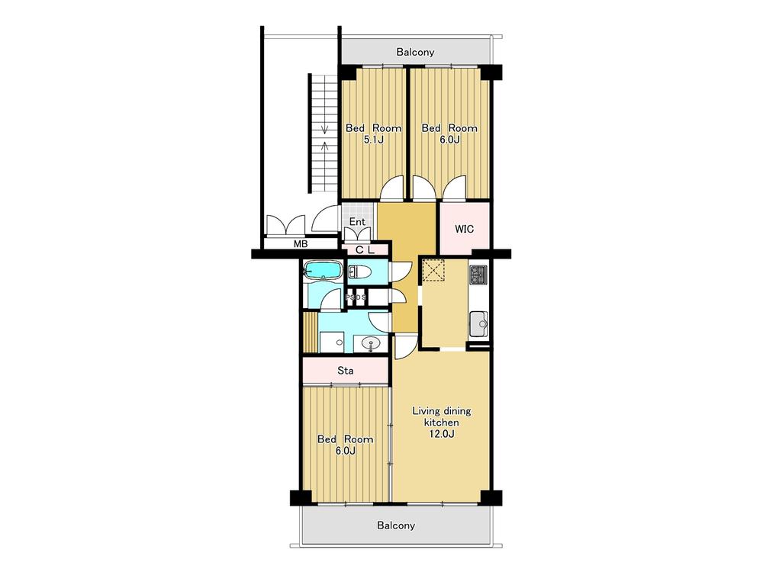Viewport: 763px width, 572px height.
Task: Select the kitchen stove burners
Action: point(478,275)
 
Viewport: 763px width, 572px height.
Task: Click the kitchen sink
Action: point(478,323)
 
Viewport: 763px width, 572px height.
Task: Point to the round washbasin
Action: point(372,344)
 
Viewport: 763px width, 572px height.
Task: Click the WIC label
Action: point(464,229)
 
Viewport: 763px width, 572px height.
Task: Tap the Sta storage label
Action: point(346,371)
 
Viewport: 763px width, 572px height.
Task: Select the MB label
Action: point(301,244)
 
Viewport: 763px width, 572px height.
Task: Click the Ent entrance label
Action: point(358,222)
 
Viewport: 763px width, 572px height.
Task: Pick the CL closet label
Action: point(365,250)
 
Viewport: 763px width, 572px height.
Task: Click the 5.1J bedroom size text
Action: point(374,140)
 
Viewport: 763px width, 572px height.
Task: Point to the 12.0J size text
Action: point(442,435)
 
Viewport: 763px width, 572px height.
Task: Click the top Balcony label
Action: point(415,52)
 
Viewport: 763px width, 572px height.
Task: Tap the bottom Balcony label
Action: point(396,525)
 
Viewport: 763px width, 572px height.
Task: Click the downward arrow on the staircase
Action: point(324,127)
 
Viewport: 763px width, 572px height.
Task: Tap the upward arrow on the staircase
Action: point(324,146)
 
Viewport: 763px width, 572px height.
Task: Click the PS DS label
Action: point(356,297)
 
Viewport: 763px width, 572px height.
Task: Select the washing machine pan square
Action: point(332,342)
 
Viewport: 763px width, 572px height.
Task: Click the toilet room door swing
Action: point(396,271)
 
